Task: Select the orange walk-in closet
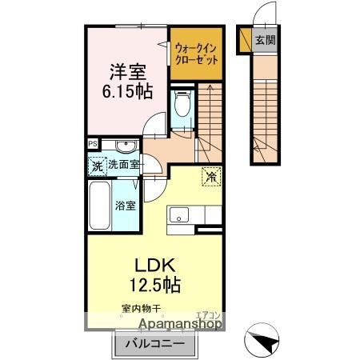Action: [196, 54]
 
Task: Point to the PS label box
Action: [93, 145]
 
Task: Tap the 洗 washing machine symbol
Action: [96, 166]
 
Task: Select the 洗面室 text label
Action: [124, 166]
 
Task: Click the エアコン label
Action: [206, 314]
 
